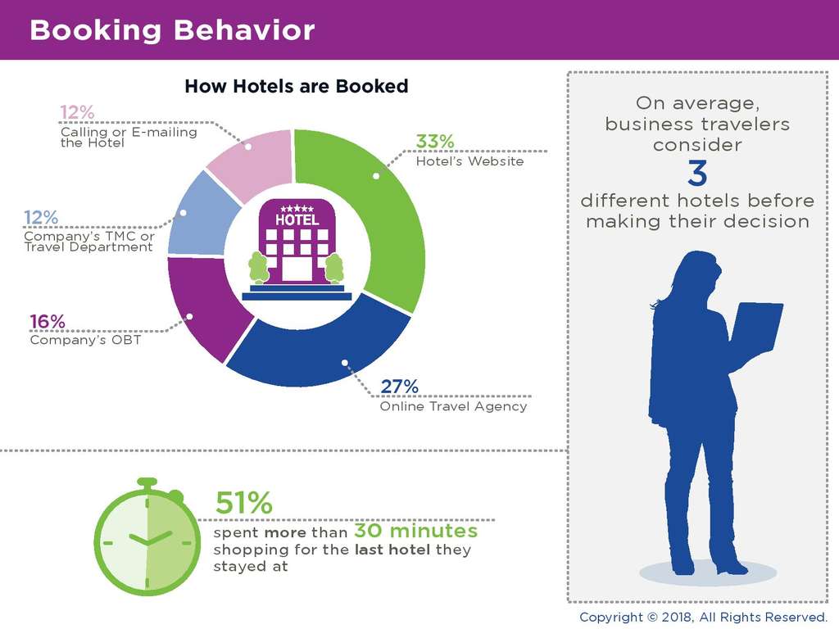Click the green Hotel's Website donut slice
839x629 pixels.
(377, 213)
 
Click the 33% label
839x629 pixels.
(434, 141)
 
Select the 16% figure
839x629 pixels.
(48, 321)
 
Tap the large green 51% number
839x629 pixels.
(243, 501)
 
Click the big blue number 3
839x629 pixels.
(697, 174)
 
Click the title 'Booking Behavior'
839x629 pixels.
(172, 30)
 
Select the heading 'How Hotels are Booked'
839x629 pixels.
(296, 86)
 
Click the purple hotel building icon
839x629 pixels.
(297, 242)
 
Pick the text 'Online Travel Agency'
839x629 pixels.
(453, 406)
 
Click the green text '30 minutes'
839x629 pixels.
(415, 531)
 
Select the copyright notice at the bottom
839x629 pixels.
(704, 617)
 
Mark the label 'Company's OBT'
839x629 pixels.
(85, 340)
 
